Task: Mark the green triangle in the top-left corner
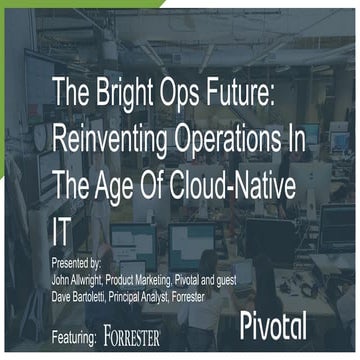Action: pos(8,8)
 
